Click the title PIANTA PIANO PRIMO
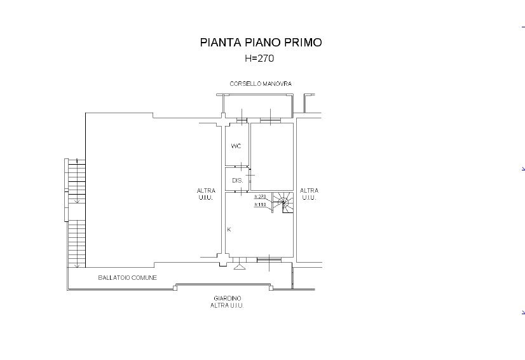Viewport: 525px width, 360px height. tap(261, 43)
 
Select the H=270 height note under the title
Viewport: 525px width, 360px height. tap(259, 59)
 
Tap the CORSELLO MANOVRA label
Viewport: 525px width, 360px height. tap(261, 84)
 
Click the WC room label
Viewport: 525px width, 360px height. tap(236, 146)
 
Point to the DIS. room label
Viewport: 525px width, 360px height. tap(237, 181)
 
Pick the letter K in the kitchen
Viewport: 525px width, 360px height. tap(229, 230)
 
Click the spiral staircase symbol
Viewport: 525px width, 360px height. tap(283, 202)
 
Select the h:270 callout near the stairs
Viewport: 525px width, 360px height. tap(260, 197)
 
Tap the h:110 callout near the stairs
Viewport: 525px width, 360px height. tap(260, 204)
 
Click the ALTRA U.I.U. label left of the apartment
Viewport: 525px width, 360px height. tap(206, 194)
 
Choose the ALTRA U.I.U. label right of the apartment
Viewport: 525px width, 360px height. tap(309, 194)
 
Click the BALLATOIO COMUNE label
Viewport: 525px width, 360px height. tap(127, 277)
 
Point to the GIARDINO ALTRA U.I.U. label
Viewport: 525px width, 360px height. tap(227, 301)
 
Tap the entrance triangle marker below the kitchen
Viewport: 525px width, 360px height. tap(240, 267)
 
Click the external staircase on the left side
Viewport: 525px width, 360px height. tap(76, 214)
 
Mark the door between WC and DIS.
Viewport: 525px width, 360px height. tap(241, 166)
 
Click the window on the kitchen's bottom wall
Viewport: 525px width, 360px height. tap(269, 260)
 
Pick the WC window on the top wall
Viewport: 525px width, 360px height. tap(242, 120)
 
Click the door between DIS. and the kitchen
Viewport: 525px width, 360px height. tap(241, 191)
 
